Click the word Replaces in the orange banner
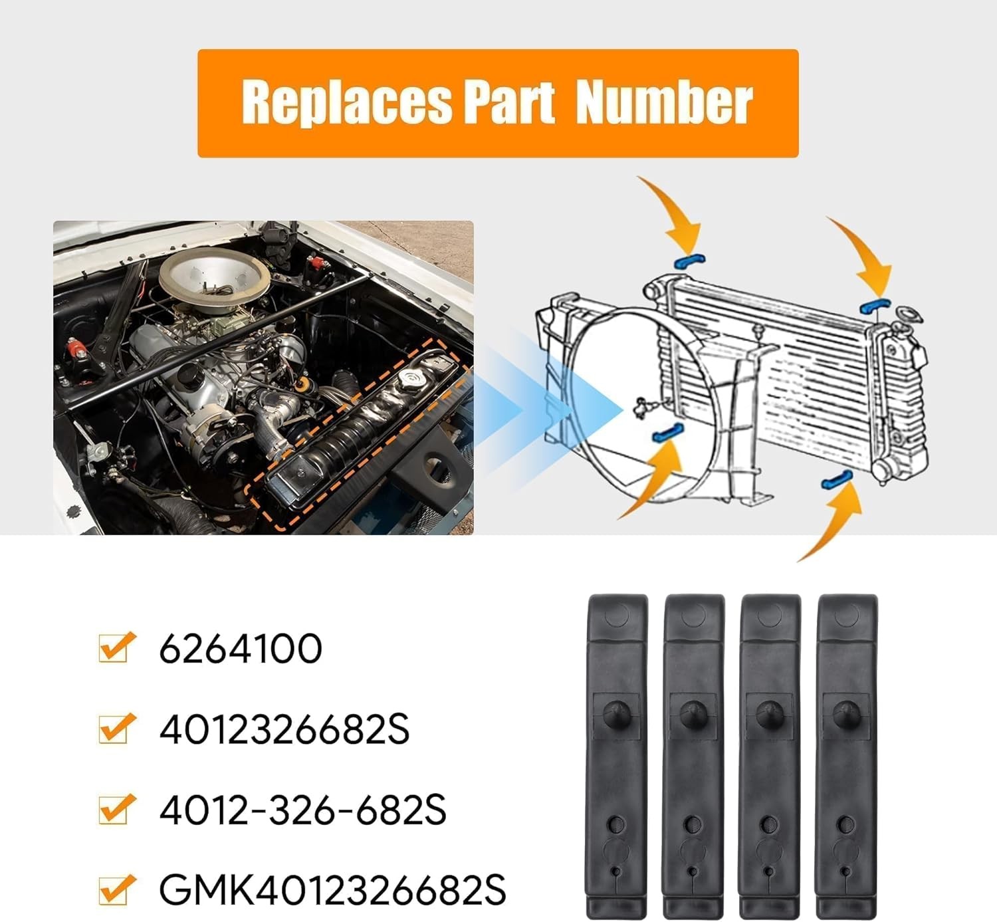(x=346, y=102)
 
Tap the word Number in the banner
(x=664, y=102)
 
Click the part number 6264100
(x=241, y=649)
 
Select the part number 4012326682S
(x=284, y=730)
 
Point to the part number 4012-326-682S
(x=302, y=810)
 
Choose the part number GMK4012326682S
(x=332, y=890)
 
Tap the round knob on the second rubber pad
(x=693, y=712)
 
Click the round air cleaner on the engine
(x=214, y=273)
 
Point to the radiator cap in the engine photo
(x=413, y=381)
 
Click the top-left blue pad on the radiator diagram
(x=689, y=261)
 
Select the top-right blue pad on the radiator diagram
(x=875, y=305)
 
